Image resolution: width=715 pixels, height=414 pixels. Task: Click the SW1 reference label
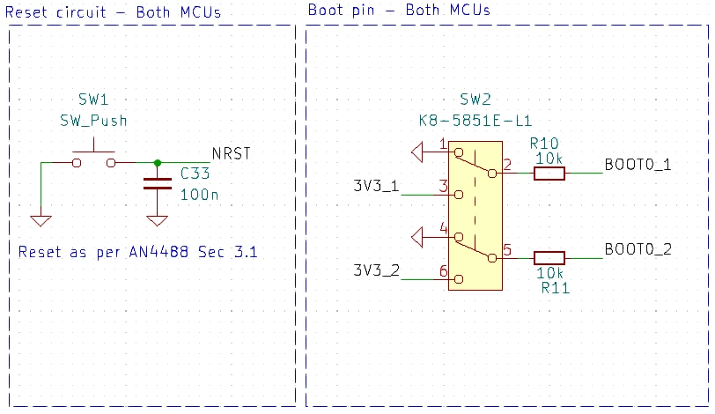coord(93,99)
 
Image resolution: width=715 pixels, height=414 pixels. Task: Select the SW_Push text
coord(93,121)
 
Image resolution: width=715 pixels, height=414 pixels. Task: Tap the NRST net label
coord(232,153)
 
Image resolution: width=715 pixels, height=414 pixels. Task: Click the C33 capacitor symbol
coord(158,183)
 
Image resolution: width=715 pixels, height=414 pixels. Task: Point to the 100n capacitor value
coord(199,195)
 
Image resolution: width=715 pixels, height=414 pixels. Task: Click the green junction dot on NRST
coord(158,163)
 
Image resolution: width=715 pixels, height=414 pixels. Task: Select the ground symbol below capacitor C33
coord(158,221)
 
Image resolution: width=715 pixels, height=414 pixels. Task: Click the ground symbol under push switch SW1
coord(41,221)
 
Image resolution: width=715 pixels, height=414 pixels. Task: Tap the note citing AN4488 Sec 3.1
coord(137,252)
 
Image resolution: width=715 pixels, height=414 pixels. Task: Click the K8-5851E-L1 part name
coord(475,121)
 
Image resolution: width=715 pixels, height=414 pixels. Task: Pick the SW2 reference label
coord(475,99)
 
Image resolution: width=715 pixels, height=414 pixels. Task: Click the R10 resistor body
coord(549,174)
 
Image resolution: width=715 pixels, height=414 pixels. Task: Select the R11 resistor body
coord(549,258)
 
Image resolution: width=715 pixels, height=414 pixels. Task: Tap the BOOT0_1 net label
coord(638,165)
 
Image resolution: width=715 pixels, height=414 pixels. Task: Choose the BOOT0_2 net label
coord(638,249)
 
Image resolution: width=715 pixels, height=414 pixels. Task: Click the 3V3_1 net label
coord(376,186)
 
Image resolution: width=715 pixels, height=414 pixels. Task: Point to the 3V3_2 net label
coord(377,270)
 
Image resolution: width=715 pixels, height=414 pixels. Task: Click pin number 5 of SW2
coord(507,250)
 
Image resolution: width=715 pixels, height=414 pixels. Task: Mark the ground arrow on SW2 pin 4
coord(417,238)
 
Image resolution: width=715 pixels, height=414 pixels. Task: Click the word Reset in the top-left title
coord(26,12)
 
